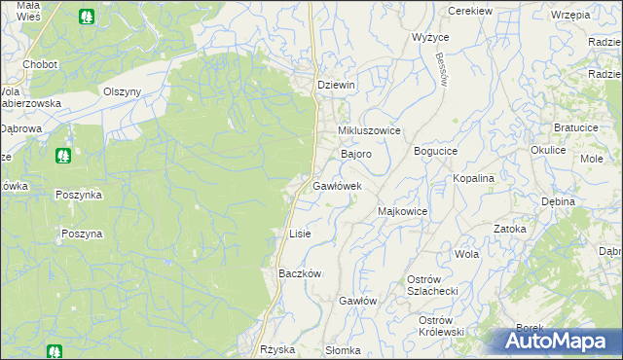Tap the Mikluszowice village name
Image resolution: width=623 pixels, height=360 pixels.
pos(369,130)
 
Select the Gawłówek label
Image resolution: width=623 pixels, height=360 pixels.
pos(337,186)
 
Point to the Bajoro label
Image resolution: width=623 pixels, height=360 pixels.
pos(355,155)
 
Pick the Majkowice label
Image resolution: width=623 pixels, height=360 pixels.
pos(402,211)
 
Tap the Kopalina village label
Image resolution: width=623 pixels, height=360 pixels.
pos(474,179)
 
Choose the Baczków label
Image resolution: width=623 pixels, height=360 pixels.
pos(300,274)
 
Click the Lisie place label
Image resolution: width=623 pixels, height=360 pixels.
pos(300,234)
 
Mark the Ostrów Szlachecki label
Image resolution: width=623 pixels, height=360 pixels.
pos(425,286)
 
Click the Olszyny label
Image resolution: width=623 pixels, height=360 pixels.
pos(123,91)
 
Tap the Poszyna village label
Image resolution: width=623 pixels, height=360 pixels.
pos(81,234)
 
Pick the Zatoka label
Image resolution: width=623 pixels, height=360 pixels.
pos(509,230)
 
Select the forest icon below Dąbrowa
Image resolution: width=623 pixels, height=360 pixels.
pos(63,155)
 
